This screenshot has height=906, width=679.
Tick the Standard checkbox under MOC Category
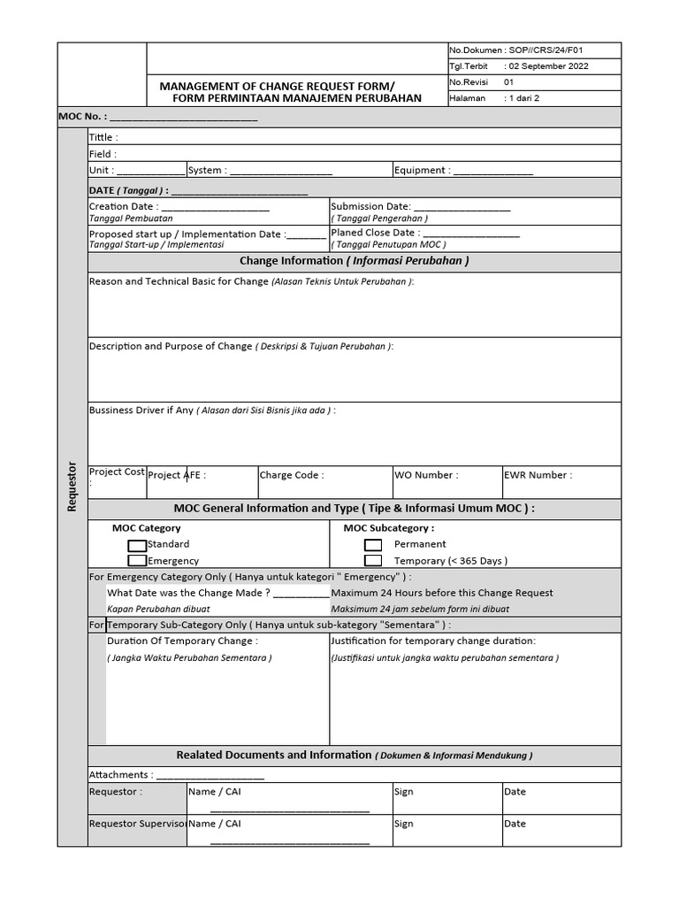[x=137, y=545]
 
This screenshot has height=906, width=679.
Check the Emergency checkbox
[x=137, y=561]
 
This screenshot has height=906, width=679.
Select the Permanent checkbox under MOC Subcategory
[x=373, y=545]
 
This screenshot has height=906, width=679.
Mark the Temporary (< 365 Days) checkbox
[x=373, y=561]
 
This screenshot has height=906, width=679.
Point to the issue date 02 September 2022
[x=547, y=66]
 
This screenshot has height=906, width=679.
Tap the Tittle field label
[x=103, y=138]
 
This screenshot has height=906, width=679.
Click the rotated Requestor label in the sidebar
[x=72, y=486]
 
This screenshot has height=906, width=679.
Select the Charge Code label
[x=292, y=475]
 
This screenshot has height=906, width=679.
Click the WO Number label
[x=426, y=475]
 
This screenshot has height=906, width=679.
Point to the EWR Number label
[x=538, y=475]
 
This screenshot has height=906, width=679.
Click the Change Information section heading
[x=354, y=261]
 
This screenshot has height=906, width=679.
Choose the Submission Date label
[x=370, y=206]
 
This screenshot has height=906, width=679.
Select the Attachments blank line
[x=210, y=775]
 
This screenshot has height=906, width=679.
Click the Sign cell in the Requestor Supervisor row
[x=404, y=824]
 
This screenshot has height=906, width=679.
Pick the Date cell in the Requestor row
[x=515, y=792]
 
